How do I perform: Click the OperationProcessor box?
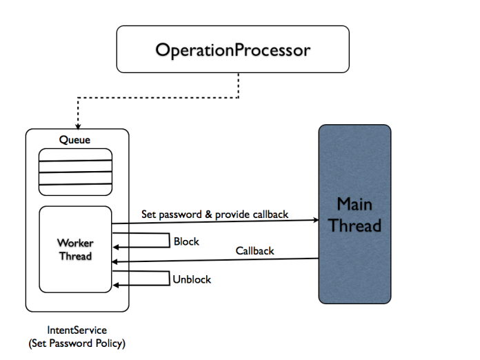tap(232, 49)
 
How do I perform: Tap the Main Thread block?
tap(354, 214)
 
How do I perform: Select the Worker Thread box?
tap(75, 249)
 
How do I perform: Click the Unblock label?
tap(192, 279)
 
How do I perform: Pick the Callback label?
tap(254, 251)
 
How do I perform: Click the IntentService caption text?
tap(77, 331)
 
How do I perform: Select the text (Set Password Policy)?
tap(77, 343)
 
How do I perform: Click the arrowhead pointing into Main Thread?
tap(314, 221)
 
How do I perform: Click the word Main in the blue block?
tap(355, 204)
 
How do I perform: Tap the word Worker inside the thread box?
tap(75, 243)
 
